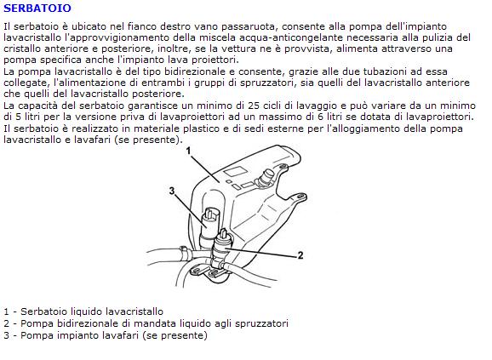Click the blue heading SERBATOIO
(37, 9)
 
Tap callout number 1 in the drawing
(188, 151)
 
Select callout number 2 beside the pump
(300, 255)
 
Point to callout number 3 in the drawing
(172, 191)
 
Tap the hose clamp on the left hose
(185, 253)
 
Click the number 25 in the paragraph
(254, 106)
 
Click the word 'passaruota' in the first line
(249, 26)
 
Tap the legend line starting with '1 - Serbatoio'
(83, 311)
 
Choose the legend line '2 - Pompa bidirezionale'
(146, 323)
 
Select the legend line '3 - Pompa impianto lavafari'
(106, 335)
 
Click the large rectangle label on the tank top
(234, 172)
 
